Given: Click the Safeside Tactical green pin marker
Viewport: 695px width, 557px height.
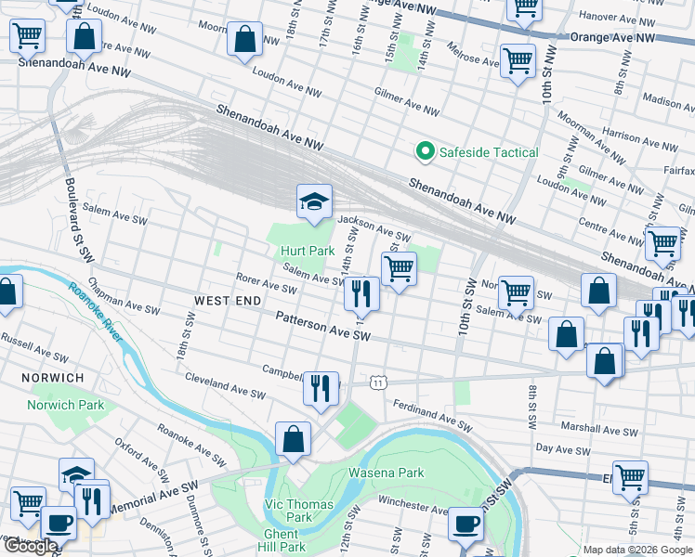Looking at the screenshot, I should [x=425, y=151].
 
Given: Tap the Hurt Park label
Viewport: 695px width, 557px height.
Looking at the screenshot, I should [x=308, y=251].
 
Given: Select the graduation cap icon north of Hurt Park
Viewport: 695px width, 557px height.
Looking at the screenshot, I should [x=315, y=201].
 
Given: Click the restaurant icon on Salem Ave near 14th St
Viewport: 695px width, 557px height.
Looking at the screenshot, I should [x=361, y=293].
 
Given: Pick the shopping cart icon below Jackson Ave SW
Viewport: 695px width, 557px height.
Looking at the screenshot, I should [x=399, y=269].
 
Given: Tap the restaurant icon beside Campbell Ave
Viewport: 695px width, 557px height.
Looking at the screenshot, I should [x=321, y=386].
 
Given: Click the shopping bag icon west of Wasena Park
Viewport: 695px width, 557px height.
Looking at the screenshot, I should [x=293, y=439].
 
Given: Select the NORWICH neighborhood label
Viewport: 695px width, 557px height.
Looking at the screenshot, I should [x=55, y=378].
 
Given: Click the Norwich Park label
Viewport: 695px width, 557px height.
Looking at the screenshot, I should [x=78, y=406].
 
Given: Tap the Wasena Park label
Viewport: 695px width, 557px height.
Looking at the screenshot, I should [x=386, y=473].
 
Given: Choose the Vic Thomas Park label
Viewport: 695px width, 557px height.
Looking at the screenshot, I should [x=286, y=510].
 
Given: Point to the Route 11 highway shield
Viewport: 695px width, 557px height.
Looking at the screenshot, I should [x=376, y=382].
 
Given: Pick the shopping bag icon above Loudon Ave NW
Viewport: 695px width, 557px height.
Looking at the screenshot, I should [x=244, y=41].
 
